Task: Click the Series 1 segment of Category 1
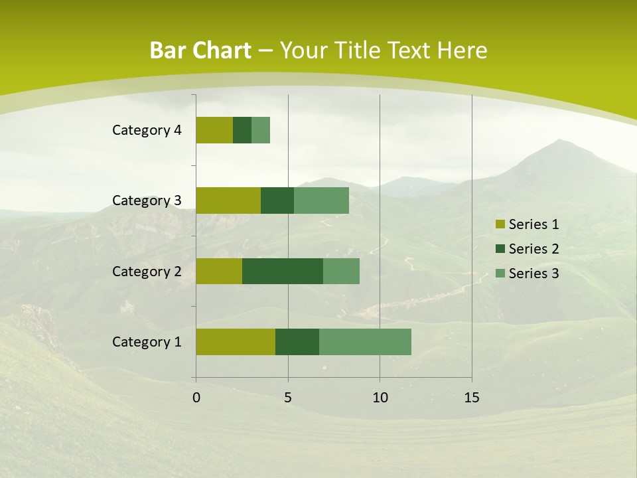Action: (x=236, y=341)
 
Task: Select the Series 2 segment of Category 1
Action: (x=297, y=341)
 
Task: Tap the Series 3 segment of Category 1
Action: (x=365, y=341)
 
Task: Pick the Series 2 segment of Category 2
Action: (x=283, y=271)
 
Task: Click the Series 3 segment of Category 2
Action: (x=341, y=271)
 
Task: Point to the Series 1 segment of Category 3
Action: (x=228, y=200)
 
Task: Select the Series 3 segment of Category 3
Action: (x=321, y=200)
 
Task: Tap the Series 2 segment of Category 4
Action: (x=242, y=130)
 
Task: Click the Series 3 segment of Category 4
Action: (x=261, y=130)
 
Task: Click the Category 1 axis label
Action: (x=147, y=342)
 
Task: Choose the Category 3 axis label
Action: (x=147, y=200)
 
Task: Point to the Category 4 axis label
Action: (x=147, y=130)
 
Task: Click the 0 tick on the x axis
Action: (x=196, y=398)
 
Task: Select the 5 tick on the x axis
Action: (x=288, y=398)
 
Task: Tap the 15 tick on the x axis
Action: (x=472, y=398)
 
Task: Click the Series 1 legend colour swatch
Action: (x=500, y=224)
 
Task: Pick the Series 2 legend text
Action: (x=533, y=249)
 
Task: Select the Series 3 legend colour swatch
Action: (x=500, y=274)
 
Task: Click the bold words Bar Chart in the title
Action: (x=200, y=50)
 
